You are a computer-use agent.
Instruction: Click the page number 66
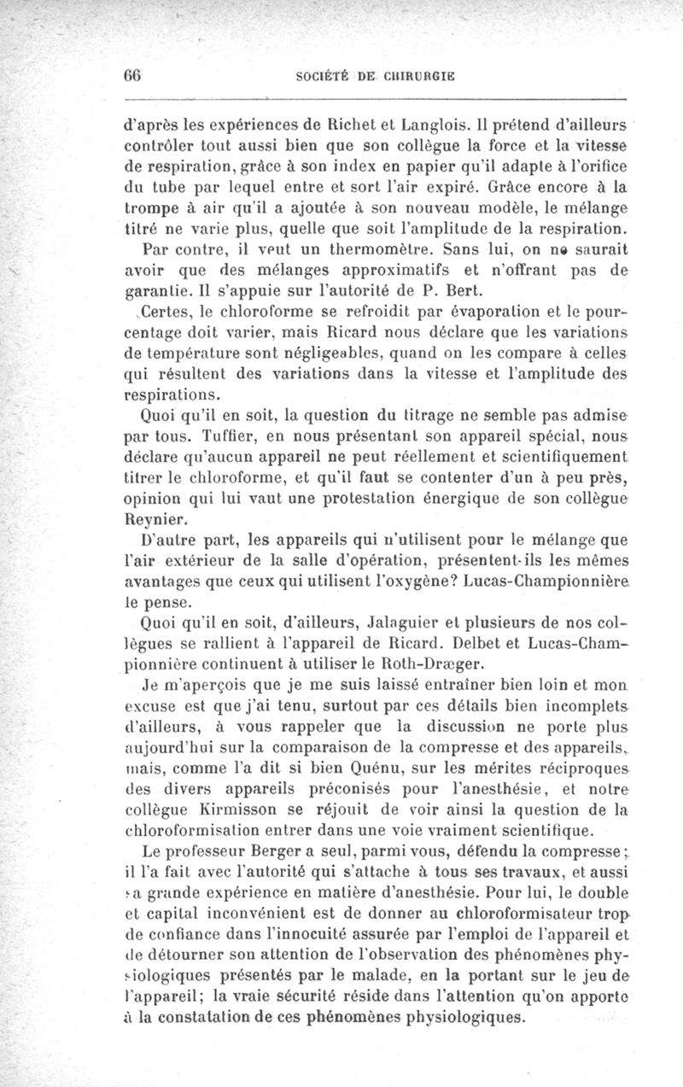click(132, 74)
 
